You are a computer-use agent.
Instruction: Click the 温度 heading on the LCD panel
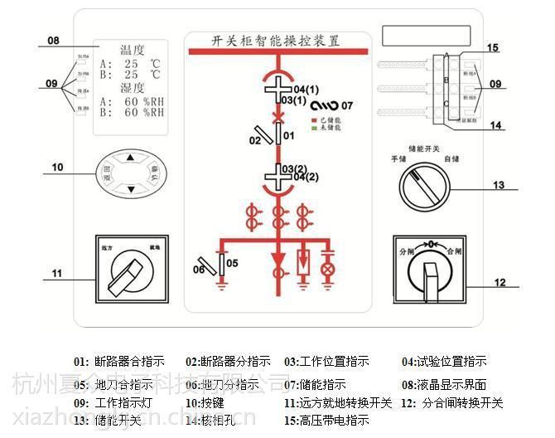point(132,50)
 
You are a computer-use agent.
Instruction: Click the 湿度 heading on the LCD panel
point(132,87)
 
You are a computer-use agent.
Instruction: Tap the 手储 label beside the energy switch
point(402,158)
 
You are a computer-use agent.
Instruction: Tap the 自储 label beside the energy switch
point(452,158)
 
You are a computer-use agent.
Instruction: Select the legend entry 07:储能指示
point(316,384)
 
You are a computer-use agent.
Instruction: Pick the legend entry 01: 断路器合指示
point(119,362)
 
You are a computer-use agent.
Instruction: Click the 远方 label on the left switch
point(105,246)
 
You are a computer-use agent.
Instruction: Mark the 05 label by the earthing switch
point(232,263)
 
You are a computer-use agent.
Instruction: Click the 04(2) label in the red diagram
point(306,177)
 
